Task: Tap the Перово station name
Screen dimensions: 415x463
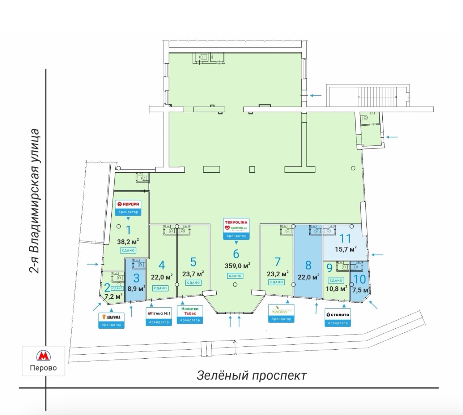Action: click(43, 368)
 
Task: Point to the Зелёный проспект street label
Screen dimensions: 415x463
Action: click(251, 375)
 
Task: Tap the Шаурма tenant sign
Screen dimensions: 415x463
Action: click(111, 317)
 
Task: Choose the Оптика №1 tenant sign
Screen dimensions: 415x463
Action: click(159, 313)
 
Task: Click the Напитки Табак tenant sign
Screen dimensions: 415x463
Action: click(190, 311)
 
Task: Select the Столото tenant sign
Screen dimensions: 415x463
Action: click(337, 315)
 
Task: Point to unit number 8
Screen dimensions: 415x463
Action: click(308, 265)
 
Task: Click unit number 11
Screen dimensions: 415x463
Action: click(345, 238)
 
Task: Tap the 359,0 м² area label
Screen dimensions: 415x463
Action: click(237, 266)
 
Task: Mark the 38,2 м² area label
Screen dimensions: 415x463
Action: click(128, 242)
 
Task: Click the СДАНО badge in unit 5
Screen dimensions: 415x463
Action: click(194, 282)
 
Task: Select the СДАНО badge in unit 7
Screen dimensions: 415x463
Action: click(276, 282)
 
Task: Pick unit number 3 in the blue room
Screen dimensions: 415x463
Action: click(136, 278)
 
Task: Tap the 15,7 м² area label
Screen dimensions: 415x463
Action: click(345, 249)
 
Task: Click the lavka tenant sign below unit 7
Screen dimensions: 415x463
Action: click(281, 311)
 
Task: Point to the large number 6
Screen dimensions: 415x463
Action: click(236, 254)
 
